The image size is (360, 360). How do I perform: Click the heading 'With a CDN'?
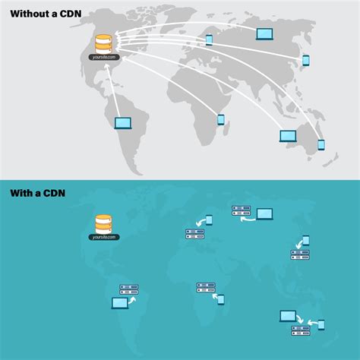click(37, 193)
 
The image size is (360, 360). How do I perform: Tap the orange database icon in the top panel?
click(103, 43)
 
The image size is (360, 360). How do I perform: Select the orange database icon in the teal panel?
click(103, 223)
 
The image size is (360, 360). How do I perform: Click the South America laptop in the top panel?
click(122, 123)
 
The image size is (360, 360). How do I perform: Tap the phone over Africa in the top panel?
click(221, 119)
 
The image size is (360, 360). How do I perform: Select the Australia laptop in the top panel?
click(288, 136)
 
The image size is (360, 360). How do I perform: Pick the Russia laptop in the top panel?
click(264, 34)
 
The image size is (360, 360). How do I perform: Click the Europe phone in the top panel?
click(209, 39)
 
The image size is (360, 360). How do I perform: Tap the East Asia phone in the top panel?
click(306, 60)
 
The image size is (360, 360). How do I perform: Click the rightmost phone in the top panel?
click(321, 144)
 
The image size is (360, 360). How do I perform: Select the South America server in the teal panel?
click(129, 289)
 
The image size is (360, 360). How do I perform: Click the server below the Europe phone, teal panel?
click(195, 234)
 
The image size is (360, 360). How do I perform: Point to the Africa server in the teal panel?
click(206, 287)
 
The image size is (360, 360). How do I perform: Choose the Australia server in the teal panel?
click(301, 330)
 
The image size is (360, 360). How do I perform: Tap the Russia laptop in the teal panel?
click(264, 214)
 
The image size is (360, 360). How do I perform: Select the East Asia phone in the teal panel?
click(306, 240)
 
